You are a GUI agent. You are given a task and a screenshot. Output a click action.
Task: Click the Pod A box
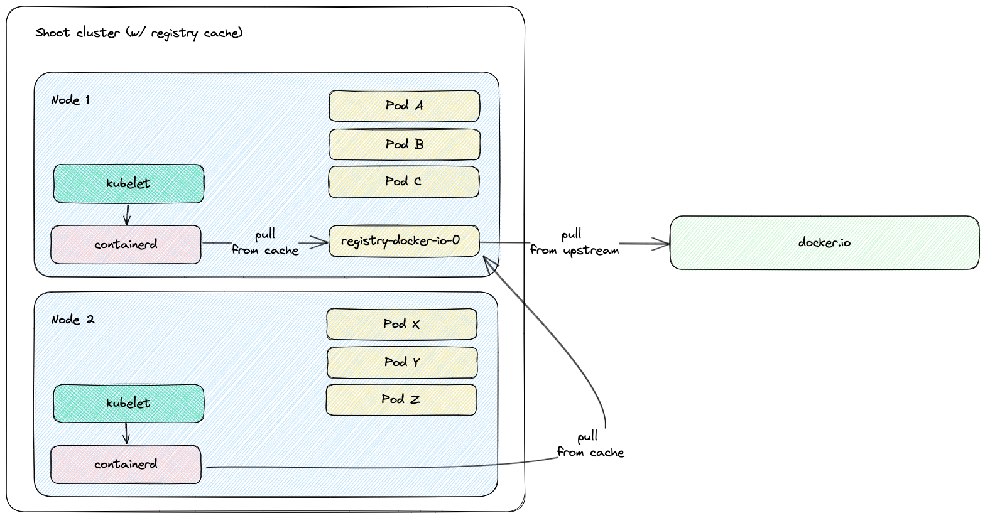(x=404, y=105)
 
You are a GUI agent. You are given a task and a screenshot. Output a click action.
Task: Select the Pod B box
(x=405, y=144)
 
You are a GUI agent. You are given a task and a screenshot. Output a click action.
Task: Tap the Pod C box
(x=403, y=181)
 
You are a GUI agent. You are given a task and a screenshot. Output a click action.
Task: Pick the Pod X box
(x=401, y=324)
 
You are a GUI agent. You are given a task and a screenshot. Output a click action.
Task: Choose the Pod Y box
(x=401, y=362)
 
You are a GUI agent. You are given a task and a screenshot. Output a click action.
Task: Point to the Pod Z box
(x=401, y=399)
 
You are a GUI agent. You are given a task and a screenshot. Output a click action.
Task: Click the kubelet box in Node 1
(x=128, y=183)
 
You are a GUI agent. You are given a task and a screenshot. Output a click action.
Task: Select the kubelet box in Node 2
(x=128, y=403)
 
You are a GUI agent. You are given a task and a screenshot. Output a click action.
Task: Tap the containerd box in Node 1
(x=126, y=244)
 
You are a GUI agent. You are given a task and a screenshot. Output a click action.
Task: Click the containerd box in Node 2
(x=126, y=465)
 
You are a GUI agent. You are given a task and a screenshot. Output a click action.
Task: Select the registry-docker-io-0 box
(x=404, y=241)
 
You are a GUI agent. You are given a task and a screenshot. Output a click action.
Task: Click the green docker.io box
(x=824, y=242)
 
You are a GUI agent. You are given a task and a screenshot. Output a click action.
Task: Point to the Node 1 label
(x=70, y=100)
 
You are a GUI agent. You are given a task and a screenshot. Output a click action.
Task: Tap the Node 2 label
(x=72, y=320)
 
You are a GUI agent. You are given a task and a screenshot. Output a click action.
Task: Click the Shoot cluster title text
(x=139, y=33)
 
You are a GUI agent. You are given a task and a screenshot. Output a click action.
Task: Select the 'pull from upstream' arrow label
(x=574, y=243)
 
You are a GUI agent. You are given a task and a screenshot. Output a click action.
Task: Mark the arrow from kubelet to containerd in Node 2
(x=127, y=433)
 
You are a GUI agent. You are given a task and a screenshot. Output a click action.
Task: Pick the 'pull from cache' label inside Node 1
(x=264, y=242)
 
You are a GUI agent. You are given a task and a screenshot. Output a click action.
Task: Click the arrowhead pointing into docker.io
(x=662, y=244)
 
